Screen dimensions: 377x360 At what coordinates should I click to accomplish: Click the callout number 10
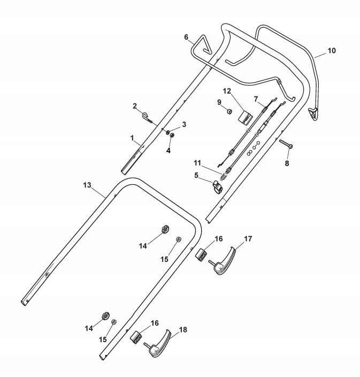[x=332, y=51]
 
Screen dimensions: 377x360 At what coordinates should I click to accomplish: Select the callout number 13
[x=87, y=186]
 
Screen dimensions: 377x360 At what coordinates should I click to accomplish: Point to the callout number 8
[x=287, y=163]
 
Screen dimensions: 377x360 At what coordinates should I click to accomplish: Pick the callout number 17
[x=248, y=238]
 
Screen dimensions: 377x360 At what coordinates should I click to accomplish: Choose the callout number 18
[x=183, y=330]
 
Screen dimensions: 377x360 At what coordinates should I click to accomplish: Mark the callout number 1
[x=132, y=138]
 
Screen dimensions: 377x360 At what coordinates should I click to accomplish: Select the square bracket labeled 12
[x=247, y=117]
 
